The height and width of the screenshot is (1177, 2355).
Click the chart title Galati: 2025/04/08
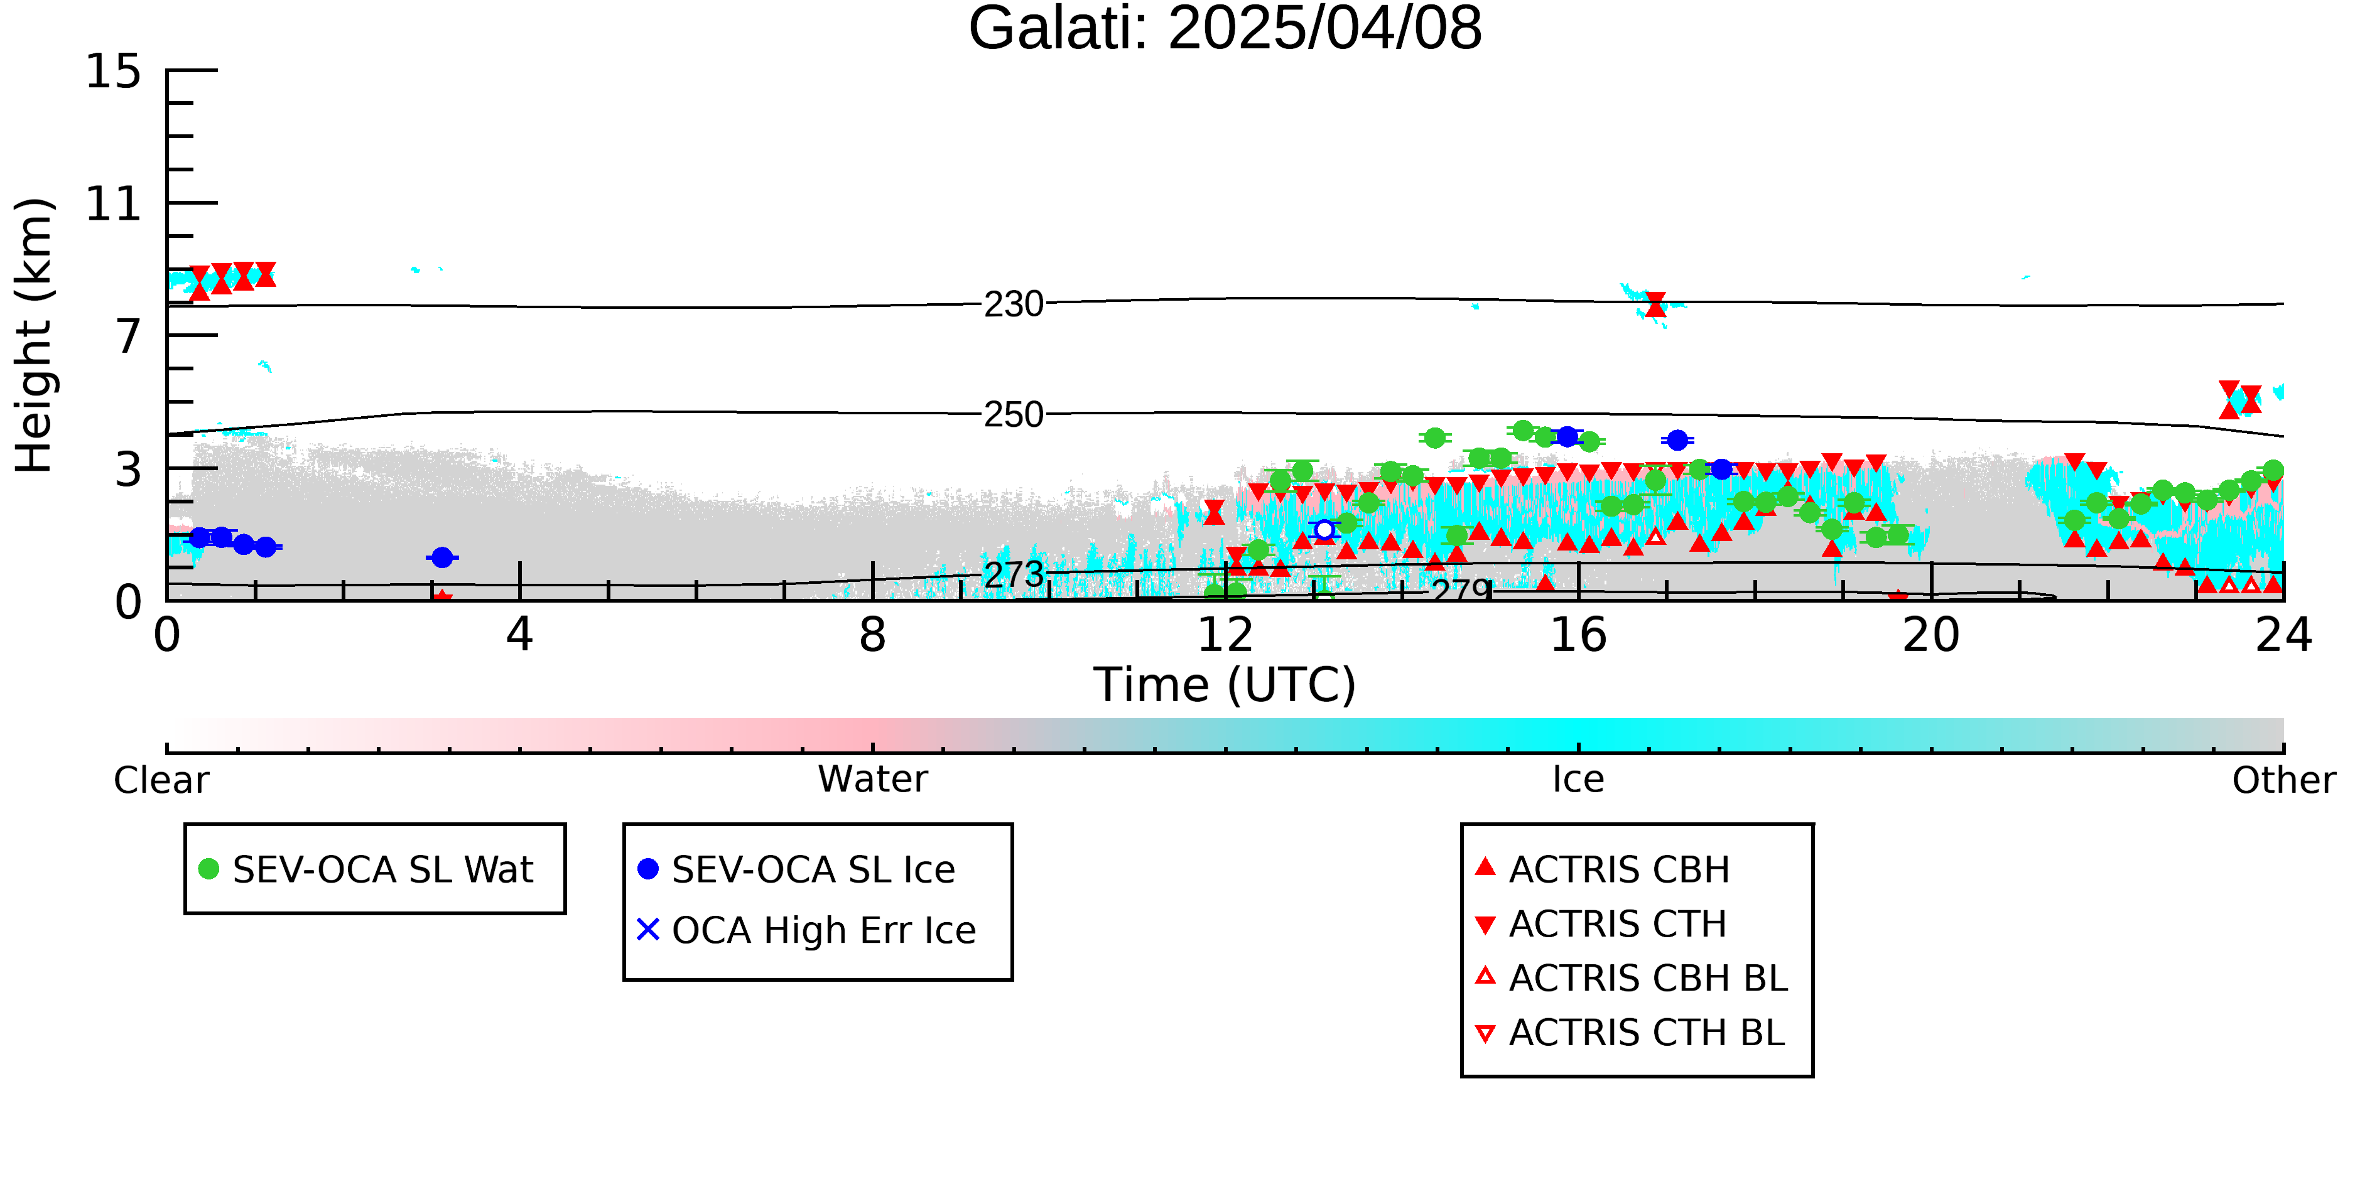pos(1225,30)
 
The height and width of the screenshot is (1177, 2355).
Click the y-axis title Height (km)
pos(34,335)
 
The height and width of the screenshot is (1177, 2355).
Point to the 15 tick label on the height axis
pos(114,72)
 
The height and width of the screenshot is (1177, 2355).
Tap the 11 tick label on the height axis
pos(114,204)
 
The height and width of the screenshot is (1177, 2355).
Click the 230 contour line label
pos(1014,304)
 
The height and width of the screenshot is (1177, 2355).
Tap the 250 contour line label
pos(1014,415)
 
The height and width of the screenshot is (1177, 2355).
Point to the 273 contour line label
pos(1014,575)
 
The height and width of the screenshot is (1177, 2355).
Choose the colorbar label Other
pos(2283,780)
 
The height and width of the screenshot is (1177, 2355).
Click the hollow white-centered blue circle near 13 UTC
pos(1324,530)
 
